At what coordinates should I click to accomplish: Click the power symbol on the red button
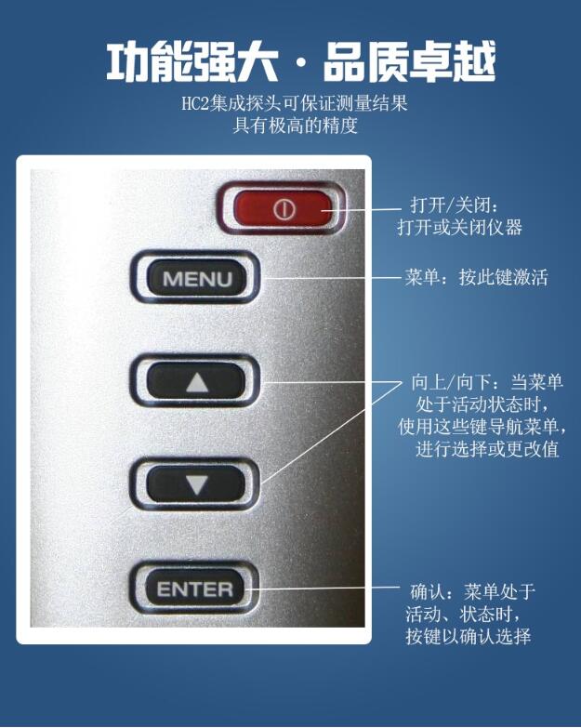click(x=284, y=210)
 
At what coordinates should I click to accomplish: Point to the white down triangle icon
click(x=196, y=484)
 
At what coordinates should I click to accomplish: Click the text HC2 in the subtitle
click(x=195, y=104)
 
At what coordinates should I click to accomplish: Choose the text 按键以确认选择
click(x=468, y=637)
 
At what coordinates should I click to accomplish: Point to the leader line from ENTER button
click(x=325, y=588)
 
